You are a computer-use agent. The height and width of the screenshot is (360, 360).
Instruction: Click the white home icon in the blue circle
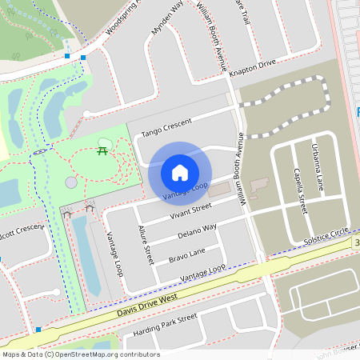click(x=180, y=172)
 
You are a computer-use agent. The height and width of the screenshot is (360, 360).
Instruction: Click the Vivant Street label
click(x=190, y=210)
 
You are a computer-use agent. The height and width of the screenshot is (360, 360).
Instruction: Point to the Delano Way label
click(x=197, y=232)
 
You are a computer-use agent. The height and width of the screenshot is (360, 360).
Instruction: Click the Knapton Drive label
click(x=252, y=68)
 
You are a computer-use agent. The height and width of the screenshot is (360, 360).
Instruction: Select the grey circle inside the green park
click(x=71, y=182)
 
